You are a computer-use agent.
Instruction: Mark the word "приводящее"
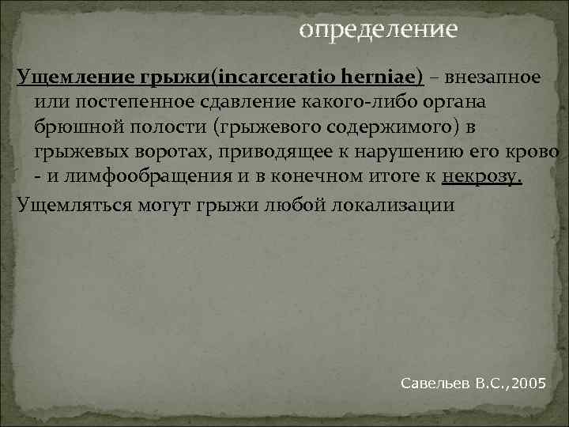pyautogui.click(x=255, y=153)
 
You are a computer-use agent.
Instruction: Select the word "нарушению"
pyautogui.click(x=410, y=153)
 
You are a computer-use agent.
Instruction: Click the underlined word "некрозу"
pyautogui.click(x=481, y=178)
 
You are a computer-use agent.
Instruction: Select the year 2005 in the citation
pyautogui.click(x=528, y=384)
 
